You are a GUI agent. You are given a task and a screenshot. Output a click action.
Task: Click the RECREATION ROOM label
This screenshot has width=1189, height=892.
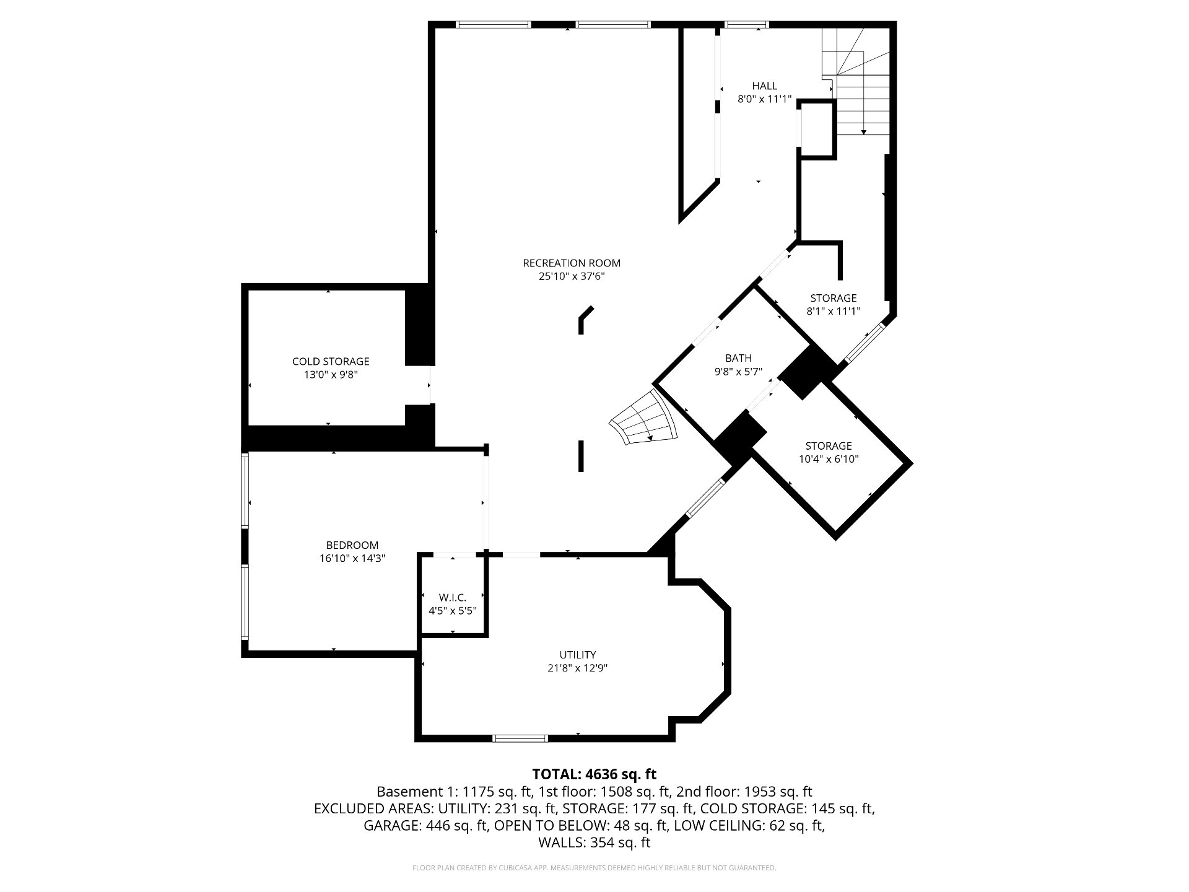point(572,263)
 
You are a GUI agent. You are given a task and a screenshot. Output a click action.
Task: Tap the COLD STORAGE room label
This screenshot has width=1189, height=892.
point(331,361)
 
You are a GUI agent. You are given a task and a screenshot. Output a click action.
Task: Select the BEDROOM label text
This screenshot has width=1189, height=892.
point(352,545)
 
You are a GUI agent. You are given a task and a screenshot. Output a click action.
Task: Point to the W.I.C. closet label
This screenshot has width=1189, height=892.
point(452,598)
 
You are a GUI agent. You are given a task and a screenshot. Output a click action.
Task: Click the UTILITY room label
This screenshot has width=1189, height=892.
point(578,655)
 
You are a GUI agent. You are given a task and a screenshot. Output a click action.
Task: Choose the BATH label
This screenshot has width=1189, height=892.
point(738,358)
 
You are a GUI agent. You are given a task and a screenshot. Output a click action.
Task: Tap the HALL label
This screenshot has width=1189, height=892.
point(765,86)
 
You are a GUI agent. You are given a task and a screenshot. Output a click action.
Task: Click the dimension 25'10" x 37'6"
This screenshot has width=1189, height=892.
point(572,277)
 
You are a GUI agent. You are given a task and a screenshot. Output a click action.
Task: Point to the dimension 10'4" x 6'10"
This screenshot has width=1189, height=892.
point(829,460)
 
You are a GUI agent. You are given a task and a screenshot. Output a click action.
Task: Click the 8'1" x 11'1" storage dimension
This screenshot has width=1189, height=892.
point(834,312)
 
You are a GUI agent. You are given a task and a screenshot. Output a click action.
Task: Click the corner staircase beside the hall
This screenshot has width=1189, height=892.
point(856,81)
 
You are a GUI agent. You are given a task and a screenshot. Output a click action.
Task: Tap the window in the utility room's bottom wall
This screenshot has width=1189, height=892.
point(520,738)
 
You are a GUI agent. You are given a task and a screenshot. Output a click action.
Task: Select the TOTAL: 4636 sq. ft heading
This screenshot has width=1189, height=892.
point(594,774)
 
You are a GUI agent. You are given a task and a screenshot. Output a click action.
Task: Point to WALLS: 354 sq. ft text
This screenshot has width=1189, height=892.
point(594,842)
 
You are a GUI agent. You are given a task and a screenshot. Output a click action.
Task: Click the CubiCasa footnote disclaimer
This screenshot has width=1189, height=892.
point(594,868)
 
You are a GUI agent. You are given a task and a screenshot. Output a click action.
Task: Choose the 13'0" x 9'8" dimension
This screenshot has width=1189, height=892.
point(331,375)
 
